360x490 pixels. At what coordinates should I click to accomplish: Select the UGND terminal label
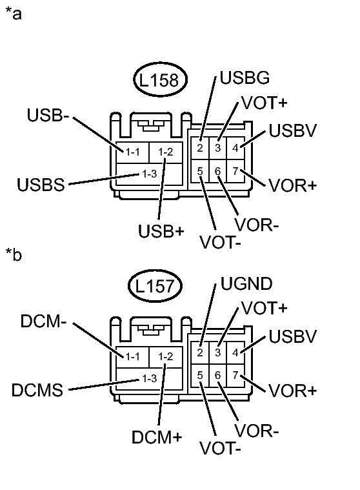tap(246, 283)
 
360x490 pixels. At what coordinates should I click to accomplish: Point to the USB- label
tap(49, 117)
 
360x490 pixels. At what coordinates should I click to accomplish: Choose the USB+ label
tap(160, 230)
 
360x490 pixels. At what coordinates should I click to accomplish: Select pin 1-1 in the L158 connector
tap(133, 152)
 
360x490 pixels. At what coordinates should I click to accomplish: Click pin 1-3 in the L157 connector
tap(149, 378)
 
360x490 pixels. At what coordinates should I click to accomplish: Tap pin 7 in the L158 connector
tap(236, 171)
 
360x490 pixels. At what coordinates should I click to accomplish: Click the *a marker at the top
tap(14, 14)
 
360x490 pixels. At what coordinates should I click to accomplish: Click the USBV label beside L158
tap(292, 131)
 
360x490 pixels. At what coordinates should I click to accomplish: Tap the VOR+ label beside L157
tap(293, 391)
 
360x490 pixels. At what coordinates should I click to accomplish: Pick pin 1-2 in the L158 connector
tap(166, 152)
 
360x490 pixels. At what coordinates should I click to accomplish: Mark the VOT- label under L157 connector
tap(220, 447)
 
